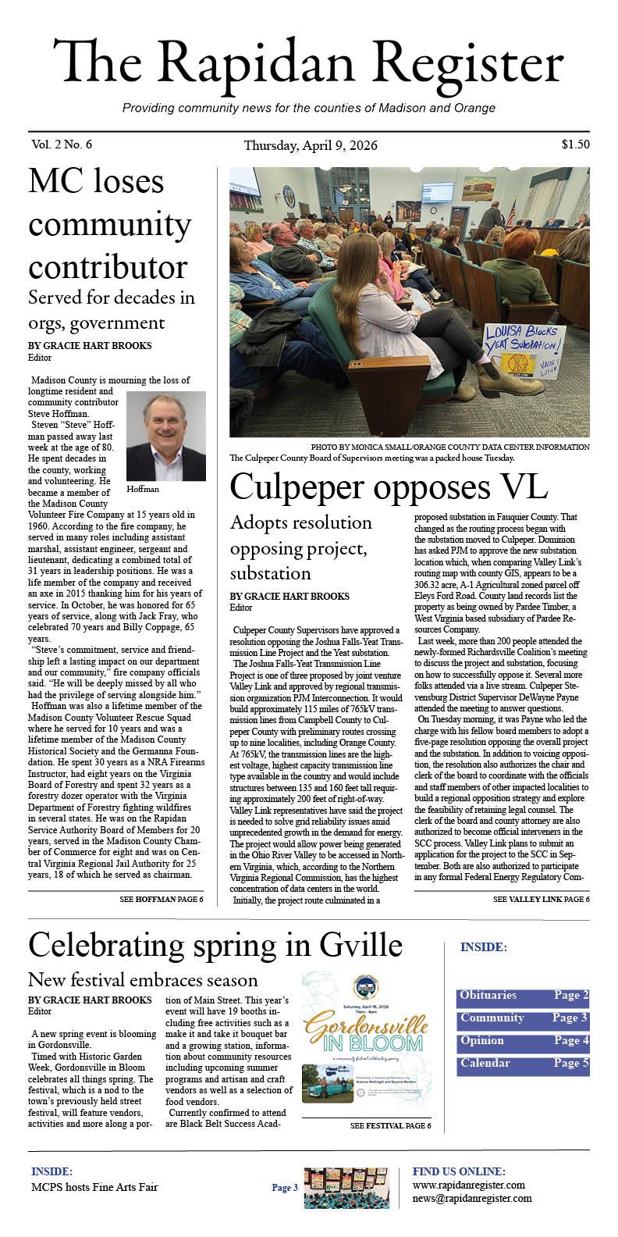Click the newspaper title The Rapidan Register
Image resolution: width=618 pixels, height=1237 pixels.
pyautogui.click(x=308, y=64)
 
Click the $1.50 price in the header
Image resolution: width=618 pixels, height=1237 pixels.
pyautogui.click(x=574, y=144)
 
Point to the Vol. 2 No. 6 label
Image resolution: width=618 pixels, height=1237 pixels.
pyautogui.click(x=62, y=144)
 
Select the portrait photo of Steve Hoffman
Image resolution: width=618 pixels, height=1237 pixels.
pyautogui.click(x=165, y=436)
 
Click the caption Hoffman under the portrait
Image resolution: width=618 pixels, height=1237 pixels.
pyautogui.click(x=143, y=490)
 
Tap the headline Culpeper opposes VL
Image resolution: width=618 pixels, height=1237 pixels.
pyautogui.click(x=388, y=487)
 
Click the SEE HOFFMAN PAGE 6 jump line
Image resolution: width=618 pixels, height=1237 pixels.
pyautogui.click(x=162, y=900)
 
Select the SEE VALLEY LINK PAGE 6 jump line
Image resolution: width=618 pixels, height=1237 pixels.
pyautogui.click(x=541, y=900)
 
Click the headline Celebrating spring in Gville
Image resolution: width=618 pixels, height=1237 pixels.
pyautogui.click(x=215, y=946)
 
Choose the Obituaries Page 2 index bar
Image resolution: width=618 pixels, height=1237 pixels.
pyautogui.click(x=523, y=996)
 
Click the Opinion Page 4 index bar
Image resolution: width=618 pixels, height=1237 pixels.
pyautogui.click(x=523, y=1041)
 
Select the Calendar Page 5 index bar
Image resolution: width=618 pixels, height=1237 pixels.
pyautogui.click(x=523, y=1064)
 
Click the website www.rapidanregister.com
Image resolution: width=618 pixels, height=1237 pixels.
pyautogui.click(x=468, y=1185)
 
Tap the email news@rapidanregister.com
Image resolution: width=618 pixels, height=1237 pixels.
pyautogui.click(x=472, y=1199)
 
